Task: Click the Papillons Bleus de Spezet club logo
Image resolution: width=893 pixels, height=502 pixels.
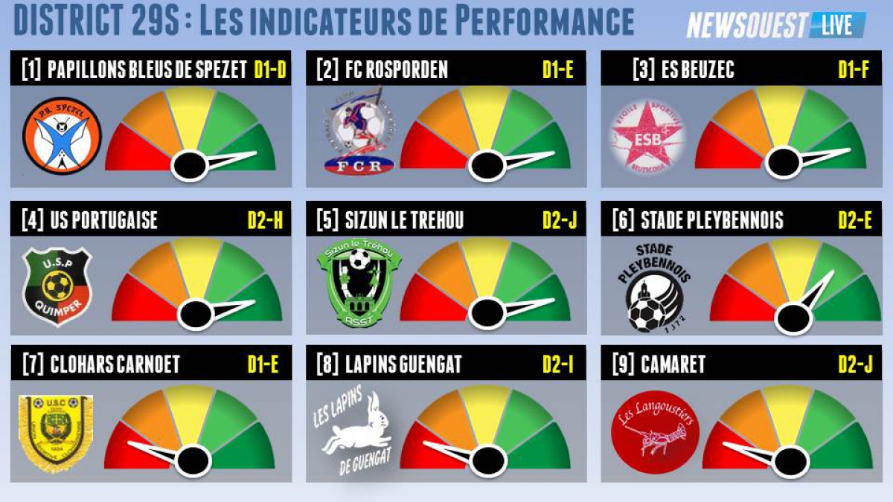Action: coord(62,136)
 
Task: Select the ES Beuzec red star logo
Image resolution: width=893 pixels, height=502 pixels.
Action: coord(648,138)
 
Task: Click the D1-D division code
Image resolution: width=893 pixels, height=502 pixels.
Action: coord(269,70)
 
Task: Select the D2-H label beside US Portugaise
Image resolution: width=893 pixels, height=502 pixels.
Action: coord(264,221)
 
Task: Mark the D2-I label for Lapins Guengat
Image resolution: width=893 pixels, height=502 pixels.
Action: coord(558,365)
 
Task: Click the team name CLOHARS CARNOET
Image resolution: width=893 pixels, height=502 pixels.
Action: coord(115,365)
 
